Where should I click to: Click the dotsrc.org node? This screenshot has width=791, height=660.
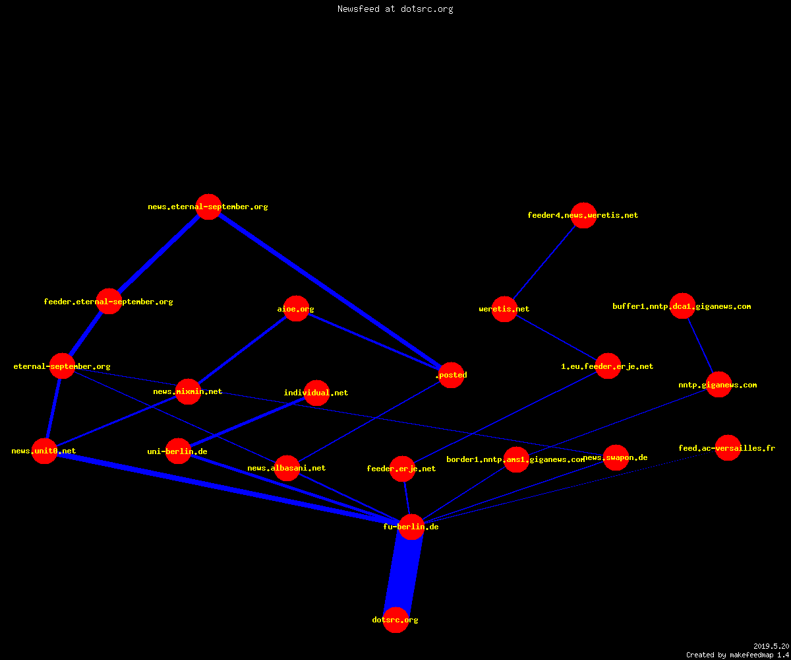[395, 620]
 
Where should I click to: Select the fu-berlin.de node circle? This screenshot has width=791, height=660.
[411, 527]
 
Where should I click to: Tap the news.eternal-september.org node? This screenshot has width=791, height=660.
[208, 207]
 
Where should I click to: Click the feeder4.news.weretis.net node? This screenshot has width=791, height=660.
[583, 215]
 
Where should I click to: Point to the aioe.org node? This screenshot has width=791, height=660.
[296, 309]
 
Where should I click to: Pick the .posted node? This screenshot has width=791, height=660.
[451, 375]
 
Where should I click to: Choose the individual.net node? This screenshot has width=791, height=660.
[316, 393]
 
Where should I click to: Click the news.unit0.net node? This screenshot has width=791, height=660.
[44, 451]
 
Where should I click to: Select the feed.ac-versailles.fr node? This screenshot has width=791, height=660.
[728, 448]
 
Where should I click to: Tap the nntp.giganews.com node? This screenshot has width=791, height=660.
[718, 385]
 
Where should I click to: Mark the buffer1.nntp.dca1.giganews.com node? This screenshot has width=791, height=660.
[682, 306]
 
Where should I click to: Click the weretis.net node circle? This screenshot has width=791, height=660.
[504, 309]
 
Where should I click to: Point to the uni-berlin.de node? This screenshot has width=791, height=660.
[178, 451]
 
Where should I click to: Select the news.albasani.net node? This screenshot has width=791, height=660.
[287, 468]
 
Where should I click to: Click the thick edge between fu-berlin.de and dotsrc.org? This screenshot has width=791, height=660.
[403, 574]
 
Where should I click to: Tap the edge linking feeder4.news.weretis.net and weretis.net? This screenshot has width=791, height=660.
[544, 262]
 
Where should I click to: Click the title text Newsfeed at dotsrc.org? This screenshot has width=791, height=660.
[395, 9]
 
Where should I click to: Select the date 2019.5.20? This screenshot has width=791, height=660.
[771, 646]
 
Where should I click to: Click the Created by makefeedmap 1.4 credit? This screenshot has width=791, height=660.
[738, 655]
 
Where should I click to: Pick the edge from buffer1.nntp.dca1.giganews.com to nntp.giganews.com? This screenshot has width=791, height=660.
[701, 346]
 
